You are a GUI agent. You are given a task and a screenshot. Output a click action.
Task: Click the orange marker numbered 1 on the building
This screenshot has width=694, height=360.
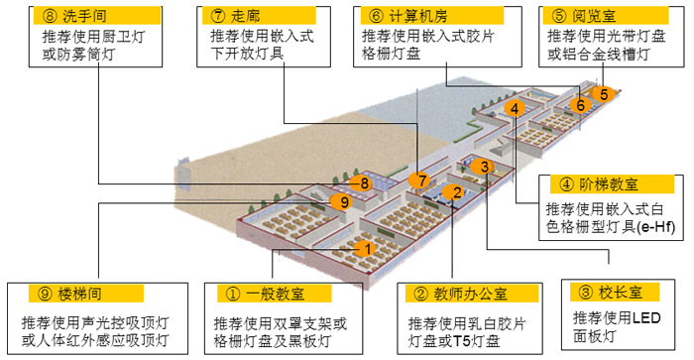(366, 248)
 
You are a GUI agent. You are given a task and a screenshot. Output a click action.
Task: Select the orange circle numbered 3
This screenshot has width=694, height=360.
(482, 167)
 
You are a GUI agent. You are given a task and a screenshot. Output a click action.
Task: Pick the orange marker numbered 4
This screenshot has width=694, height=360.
(513, 108)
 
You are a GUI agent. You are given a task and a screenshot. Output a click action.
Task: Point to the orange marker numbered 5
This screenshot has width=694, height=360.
(602, 94)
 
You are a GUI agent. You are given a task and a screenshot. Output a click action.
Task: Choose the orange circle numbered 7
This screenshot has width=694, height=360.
(421, 180)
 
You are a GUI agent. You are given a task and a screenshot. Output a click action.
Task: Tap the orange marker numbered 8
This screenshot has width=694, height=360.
(365, 182)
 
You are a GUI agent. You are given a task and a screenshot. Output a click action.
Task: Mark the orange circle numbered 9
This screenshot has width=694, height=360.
(343, 202)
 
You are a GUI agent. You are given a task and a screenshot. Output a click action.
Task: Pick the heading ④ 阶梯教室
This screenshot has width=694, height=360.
(596, 184)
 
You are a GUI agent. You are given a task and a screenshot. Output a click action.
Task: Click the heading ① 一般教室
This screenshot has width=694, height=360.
(268, 295)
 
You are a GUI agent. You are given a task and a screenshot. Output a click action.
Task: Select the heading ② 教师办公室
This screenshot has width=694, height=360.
(456, 295)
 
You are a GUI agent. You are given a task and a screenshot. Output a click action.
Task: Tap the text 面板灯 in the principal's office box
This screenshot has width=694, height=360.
(596, 336)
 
